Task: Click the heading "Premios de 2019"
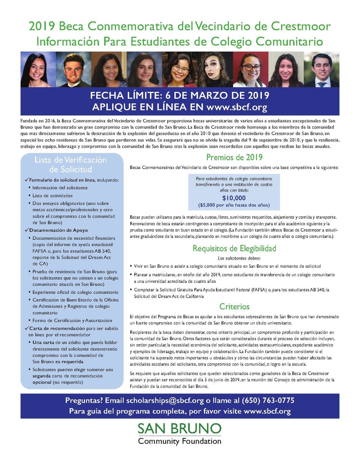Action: tap(234, 157)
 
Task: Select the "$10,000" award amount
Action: tap(234, 198)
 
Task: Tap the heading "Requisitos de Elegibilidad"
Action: tap(234, 248)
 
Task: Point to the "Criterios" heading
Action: tap(234, 306)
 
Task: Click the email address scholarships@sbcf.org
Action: tap(165, 400)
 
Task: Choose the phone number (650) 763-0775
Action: tap(268, 400)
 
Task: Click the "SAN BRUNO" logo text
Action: tap(180, 428)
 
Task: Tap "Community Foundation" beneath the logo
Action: tap(180, 441)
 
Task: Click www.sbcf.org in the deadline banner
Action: tap(237, 107)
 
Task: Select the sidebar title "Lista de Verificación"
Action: tap(70, 160)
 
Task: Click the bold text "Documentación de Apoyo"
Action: tap(58, 230)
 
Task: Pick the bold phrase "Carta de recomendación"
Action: tap(57, 328)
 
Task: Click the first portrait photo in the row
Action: tap(38, 70)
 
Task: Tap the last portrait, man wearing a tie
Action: tap(322, 70)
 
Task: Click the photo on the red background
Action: tap(250, 70)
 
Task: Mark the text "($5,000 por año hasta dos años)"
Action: tap(234, 205)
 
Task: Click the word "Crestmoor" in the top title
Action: tap(301, 26)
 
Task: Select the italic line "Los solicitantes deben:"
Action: tap(239, 258)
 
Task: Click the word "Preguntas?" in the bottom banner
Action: tap(84, 400)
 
